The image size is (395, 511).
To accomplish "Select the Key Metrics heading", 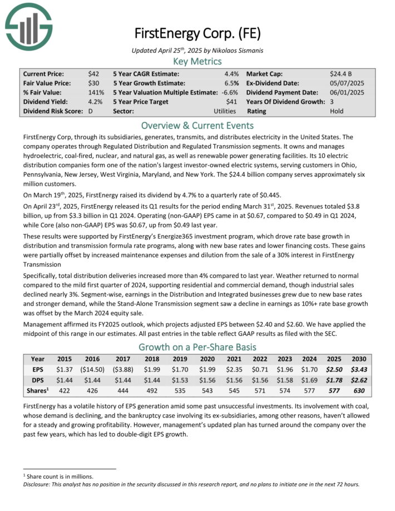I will [x=197, y=61].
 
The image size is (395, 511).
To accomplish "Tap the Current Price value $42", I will [x=93, y=73].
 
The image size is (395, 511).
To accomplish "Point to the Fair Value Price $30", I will [x=93, y=83].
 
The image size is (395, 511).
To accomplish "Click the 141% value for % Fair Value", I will [x=96, y=92].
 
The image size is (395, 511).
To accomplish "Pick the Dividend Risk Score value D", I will [x=90, y=111].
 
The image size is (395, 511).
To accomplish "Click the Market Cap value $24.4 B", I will [x=341, y=73].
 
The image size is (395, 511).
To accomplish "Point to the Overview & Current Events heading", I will [x=197, y=125].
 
